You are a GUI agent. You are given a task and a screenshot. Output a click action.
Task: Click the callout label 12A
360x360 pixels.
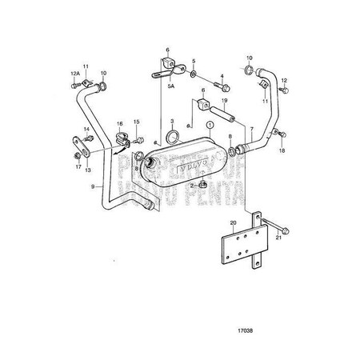pos(74,74)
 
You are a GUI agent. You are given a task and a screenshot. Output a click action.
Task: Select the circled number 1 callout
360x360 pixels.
pos(210,126)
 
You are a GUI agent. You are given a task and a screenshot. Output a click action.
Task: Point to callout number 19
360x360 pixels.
pos(225,100)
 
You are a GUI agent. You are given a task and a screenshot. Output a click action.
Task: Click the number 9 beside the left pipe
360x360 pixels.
pos(93,186)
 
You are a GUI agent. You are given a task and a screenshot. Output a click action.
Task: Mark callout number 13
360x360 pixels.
pos(88,170)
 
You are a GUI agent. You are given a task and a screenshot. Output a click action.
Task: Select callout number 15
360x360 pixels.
pos(136,122)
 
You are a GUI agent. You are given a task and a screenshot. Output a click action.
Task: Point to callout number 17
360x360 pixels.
pos(78,167)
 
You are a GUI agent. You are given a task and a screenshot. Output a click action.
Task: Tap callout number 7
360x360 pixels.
pos(251,128)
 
